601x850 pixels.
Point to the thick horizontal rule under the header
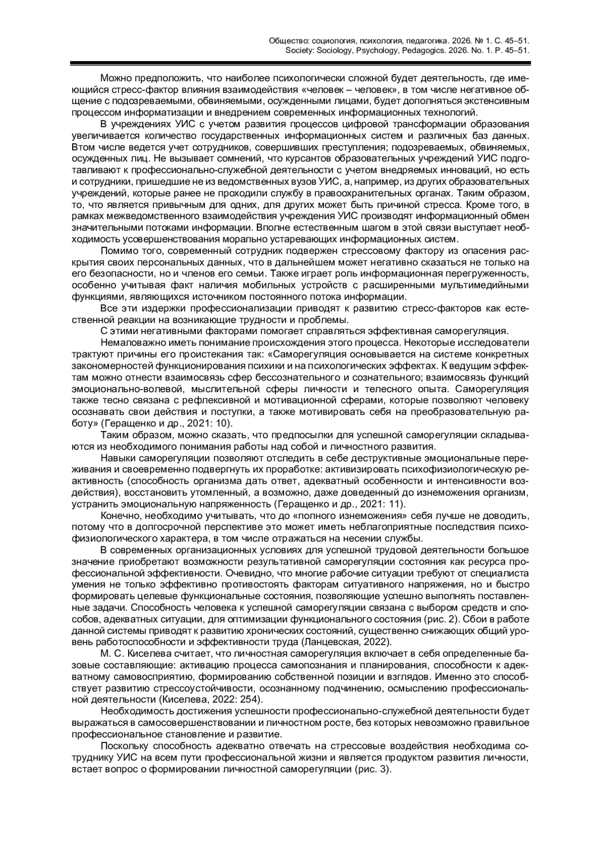[x=300, y=64]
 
